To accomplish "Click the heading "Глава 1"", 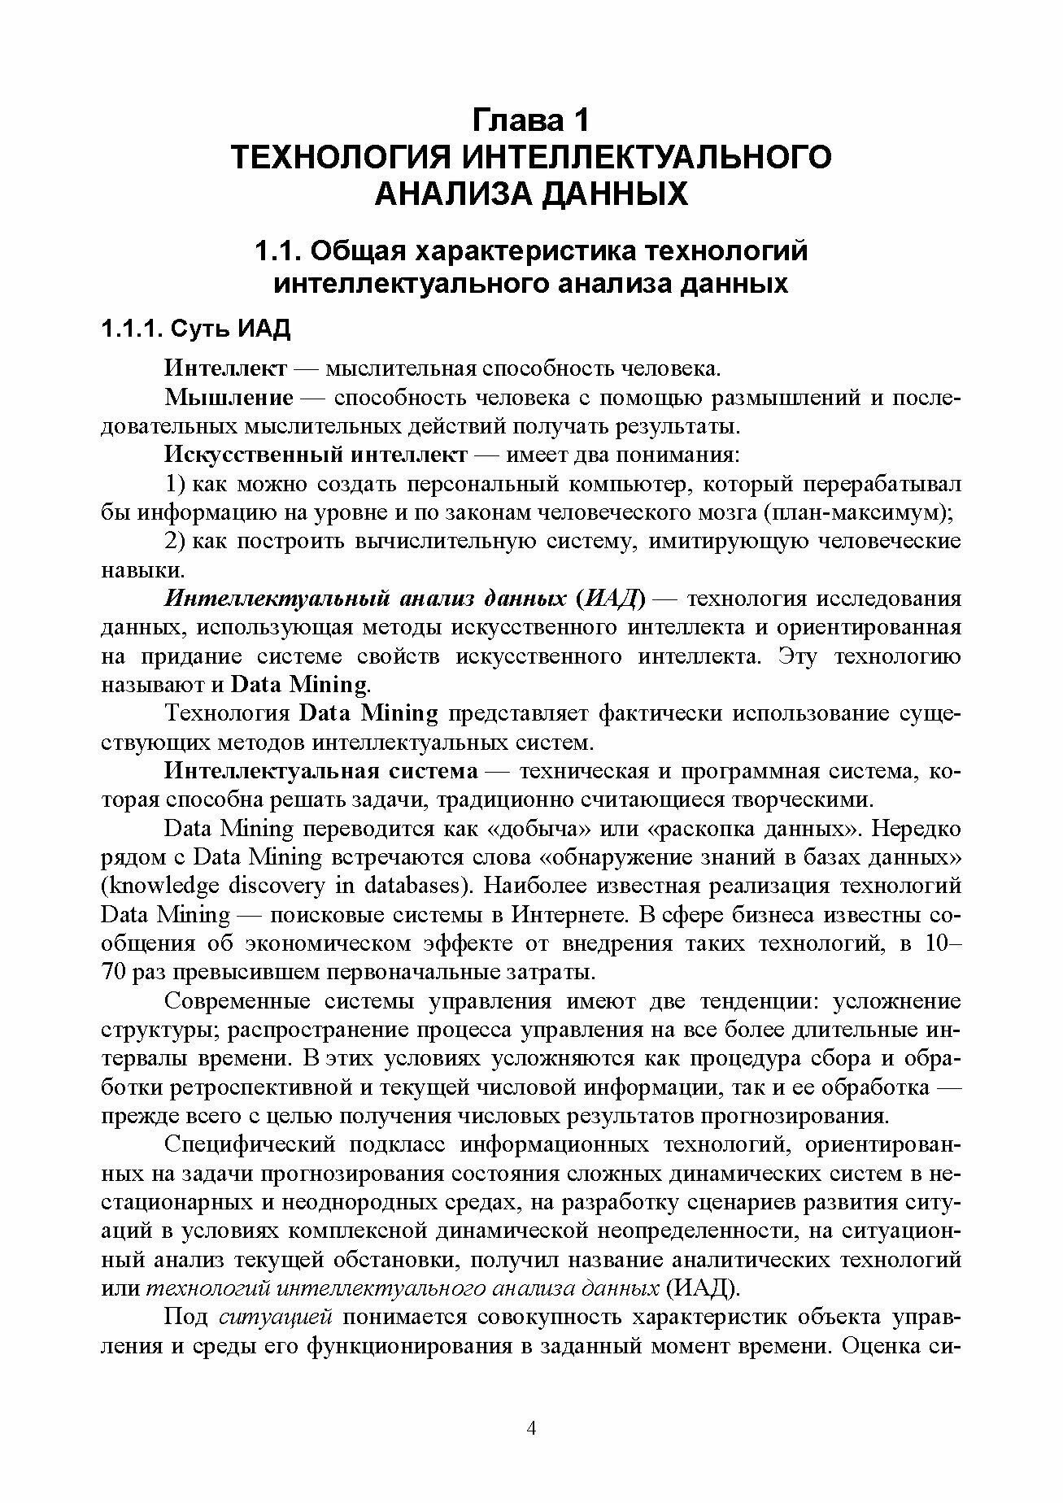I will pyautogui.click(x=530, y=121).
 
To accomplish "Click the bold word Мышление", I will pyautogui.click(x=229, y=398).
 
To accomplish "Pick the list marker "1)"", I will pyautogui.click(x=176, y=485).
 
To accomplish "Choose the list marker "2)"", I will pyautogui.click(x=176, y=542).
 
